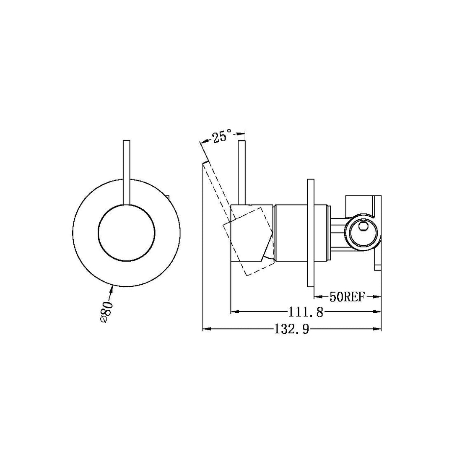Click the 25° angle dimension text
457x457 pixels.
[x=222, y=137]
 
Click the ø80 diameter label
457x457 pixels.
[x=106, y=311]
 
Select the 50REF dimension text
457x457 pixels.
[x=348, y=297]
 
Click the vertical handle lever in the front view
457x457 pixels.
[x=127, y=172]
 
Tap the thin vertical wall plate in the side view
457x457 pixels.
[x=311, y=233]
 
